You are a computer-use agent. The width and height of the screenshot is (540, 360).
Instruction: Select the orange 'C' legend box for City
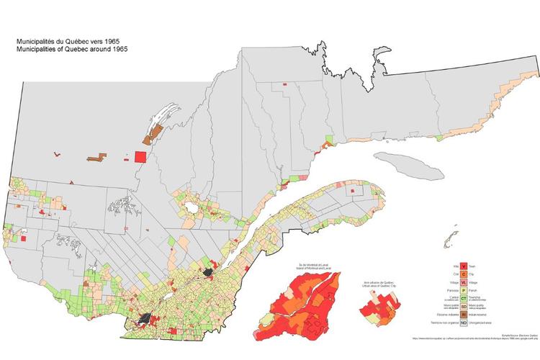pos(463,275)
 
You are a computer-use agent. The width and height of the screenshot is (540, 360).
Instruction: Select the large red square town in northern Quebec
pos(140,157)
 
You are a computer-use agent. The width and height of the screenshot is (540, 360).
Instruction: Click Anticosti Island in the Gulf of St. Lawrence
pos(408,165)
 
